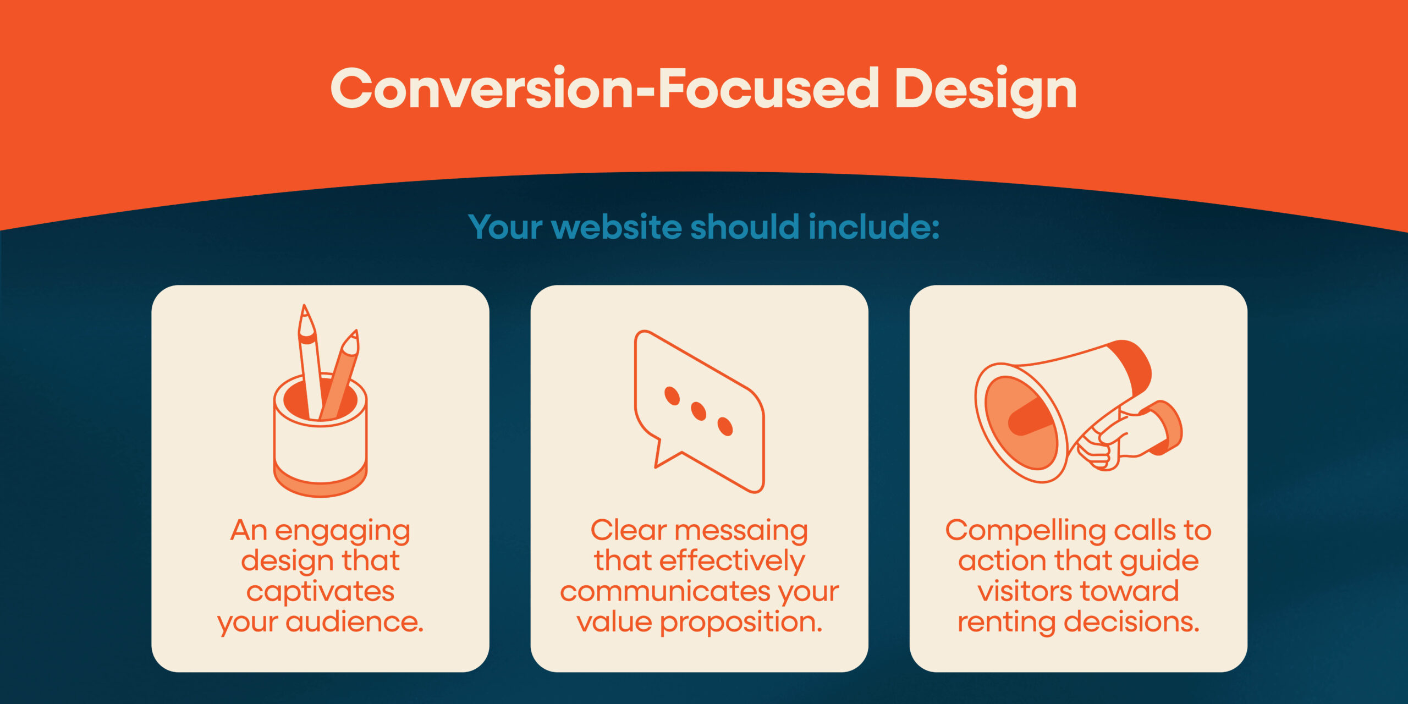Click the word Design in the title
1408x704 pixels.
[985, 90]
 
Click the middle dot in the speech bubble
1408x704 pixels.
[698, 411]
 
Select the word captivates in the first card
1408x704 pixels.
[320, 592]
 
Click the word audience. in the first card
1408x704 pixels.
[355, 622]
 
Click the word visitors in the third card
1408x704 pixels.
[1018, 592]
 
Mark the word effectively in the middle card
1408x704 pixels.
[732, 562]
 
